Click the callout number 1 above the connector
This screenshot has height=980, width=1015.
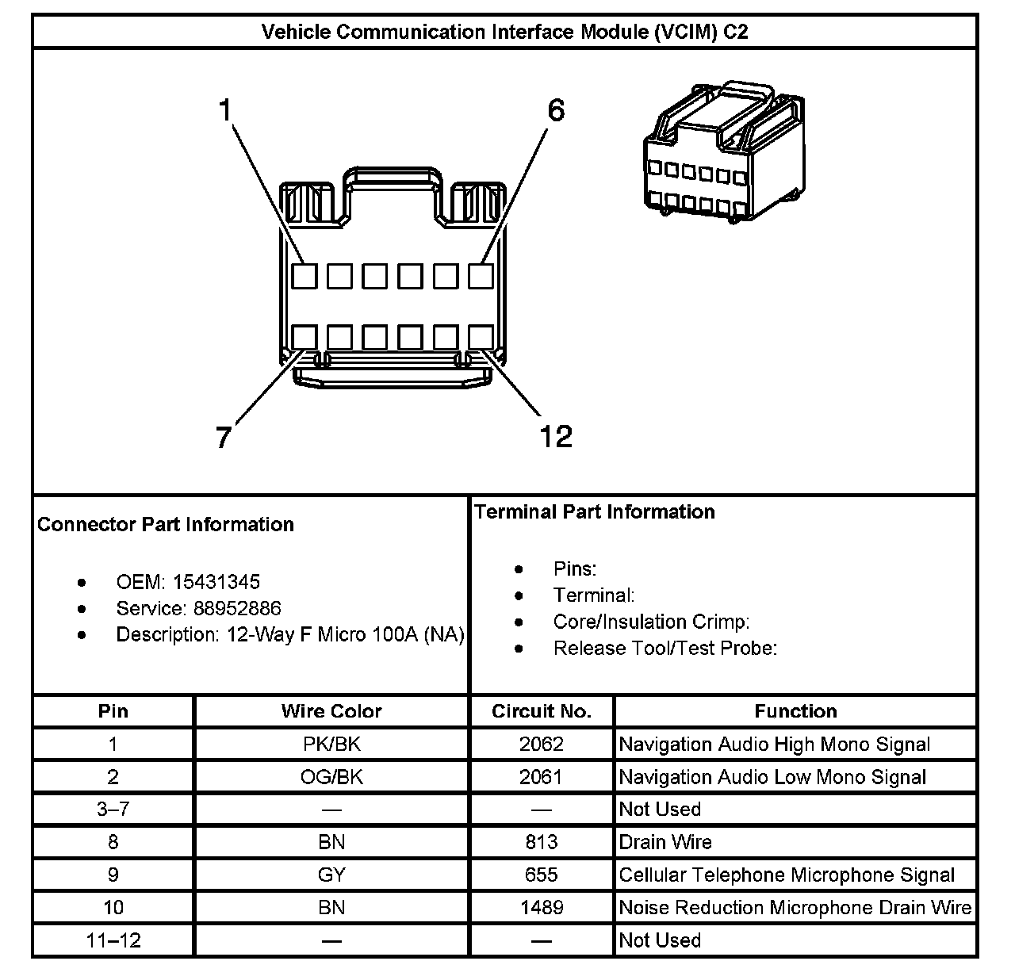pyautogui.click(x=225, y=111)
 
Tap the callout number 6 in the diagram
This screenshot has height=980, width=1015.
pyautogui.click(x=556, y=111)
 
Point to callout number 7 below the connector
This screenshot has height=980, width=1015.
pyautogui.click(x=224, y=437)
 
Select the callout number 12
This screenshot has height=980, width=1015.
pyautogui.click(x=555, y=437)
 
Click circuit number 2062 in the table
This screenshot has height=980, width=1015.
pyautogui.click(x=541, y=745)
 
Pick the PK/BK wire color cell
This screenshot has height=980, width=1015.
pyautogui.click(x=331, y=745)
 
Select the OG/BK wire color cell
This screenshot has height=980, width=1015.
pyautogui.click(x=331, y=777)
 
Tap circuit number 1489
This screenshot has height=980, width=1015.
pyautogui.click(x=541, y=908)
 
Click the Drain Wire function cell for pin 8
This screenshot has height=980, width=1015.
pyautogui.click(x=665, y=842)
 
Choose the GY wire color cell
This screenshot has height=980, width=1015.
pyautogui.click(x=331, y=875)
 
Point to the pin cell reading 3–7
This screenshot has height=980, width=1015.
pyautogui.click(x=113, y=810)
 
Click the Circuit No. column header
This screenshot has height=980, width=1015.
pyautogui.click(x=541, y=711)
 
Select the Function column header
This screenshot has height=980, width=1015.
pyautogui.click(x=795, y=711)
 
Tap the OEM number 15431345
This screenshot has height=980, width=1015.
pyautogui.click(x=216, y=582)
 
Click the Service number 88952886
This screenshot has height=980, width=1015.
pyautogui.click(x=237, y=608)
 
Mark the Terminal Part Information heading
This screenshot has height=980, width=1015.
pyautogui.click(x=595, y=512)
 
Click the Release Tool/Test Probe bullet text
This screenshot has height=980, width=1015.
pyautogui.click(x=665, y=649)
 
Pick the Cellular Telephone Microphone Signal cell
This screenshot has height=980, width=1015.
pyautogui.click(x=787, y=875)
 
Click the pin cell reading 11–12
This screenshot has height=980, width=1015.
pyautogui.click(x=113, y=940)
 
